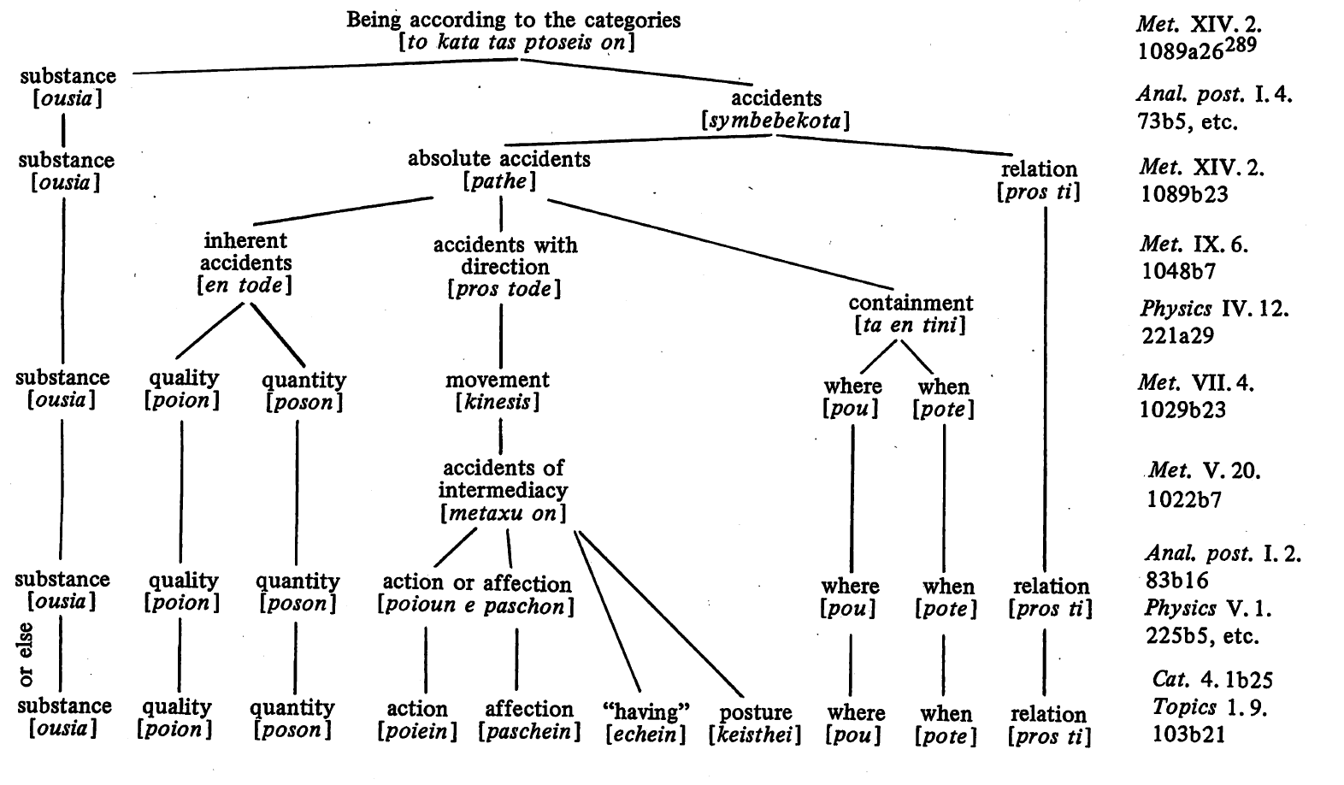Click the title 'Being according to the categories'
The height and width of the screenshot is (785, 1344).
(x=513, y=21)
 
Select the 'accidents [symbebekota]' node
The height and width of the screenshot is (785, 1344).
(x=775, y=109)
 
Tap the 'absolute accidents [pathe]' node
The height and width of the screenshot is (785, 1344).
(x=499, y=169)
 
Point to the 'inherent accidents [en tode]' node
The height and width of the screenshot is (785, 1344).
(x=245, y=263)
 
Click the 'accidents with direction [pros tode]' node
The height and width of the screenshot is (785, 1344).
(x=504, y=267)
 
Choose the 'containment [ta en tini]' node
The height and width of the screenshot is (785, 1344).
(x=911, y=314)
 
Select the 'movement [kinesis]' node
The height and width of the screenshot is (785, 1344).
(x=498, y=391)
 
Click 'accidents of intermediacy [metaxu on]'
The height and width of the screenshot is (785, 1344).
(x=503, y=491)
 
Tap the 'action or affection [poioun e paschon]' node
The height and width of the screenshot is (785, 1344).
(x=476, y=594)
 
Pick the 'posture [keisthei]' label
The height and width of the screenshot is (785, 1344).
(x=755, y=723)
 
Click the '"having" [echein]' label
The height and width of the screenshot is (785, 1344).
(x=645, y=723)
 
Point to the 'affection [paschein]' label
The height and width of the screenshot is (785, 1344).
(x=529, y=720)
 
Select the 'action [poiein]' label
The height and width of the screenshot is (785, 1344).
(x=417, y=720)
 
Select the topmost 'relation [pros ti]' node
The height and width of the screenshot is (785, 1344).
(x=1039, y=180)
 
